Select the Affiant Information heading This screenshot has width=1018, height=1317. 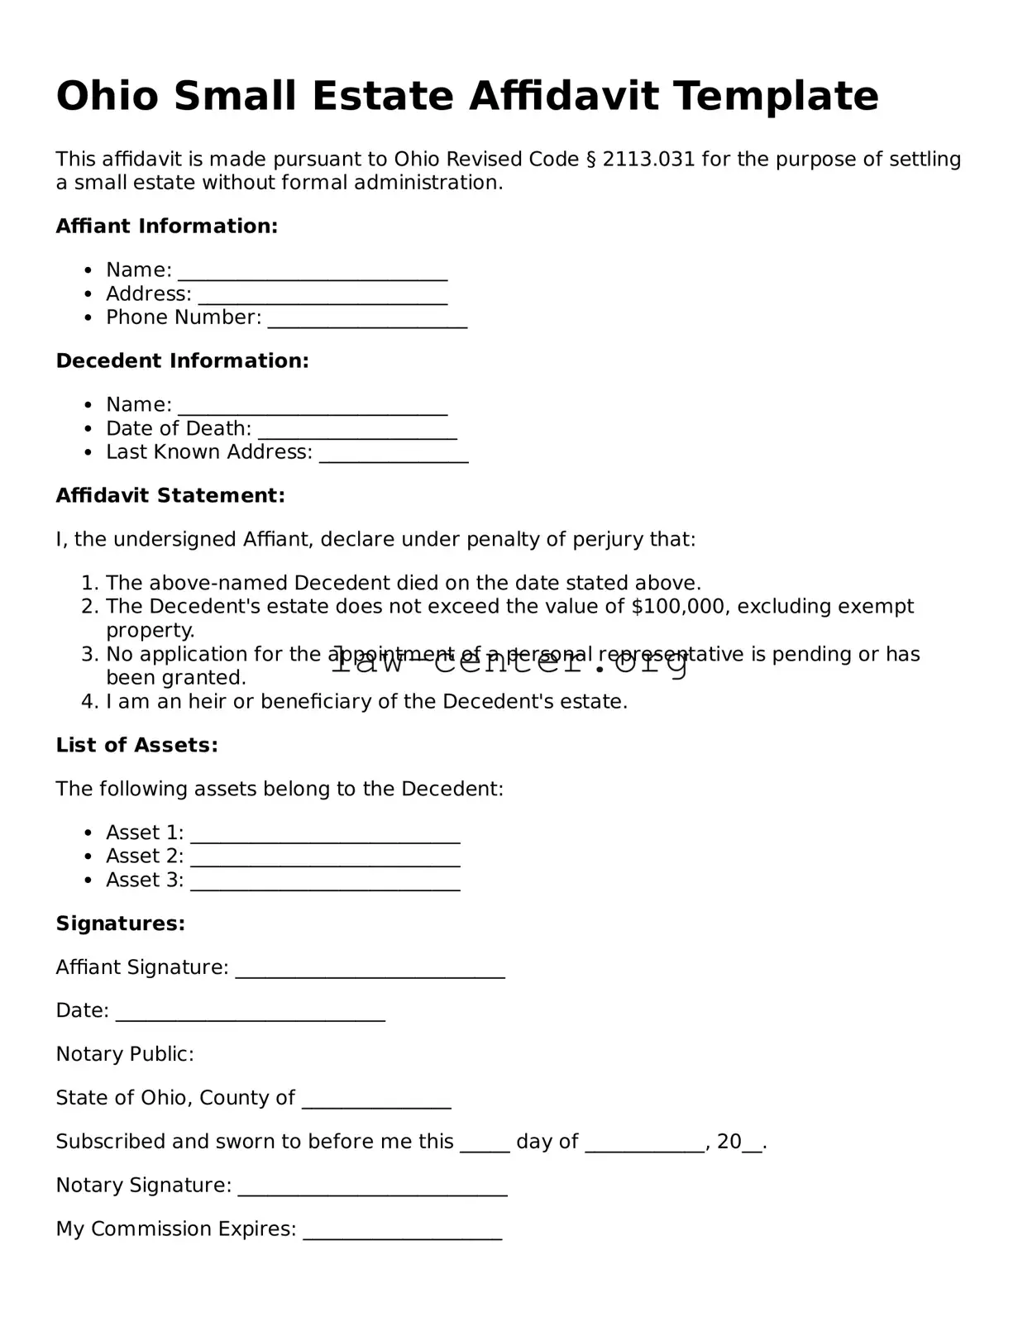click(x=166, y=226)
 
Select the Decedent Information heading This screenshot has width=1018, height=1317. click(x=182, y=360)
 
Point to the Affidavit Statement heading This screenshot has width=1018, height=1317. click(x=170, y=495)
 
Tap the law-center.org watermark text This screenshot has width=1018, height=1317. click(x=509, y=662)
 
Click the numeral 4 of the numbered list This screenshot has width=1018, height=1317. click(x=89, y=701)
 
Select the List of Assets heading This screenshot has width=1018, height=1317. click(x=136, y=745)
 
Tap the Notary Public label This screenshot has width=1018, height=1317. click(x=124, y=1054)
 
